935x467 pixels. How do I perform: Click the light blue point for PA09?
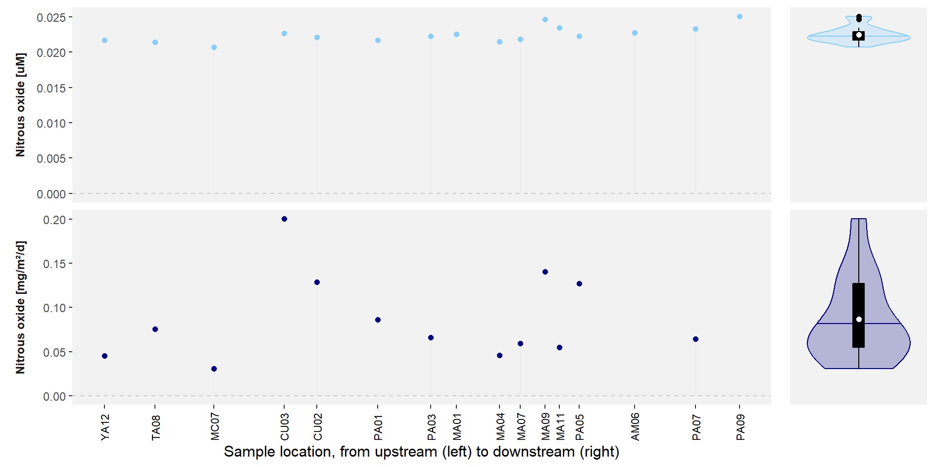(x=739, y=17)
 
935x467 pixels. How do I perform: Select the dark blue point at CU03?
(x=284, y=219)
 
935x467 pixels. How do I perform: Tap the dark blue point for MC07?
(x=214, y=369)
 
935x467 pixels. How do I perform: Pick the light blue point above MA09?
(x=545, y=20)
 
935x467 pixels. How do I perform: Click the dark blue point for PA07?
(x=695, y=339)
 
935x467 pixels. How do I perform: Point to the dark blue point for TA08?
(x=155, y=329)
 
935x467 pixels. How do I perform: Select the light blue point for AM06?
(x=635, y=33)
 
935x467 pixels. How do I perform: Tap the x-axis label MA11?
(x=560, y=427)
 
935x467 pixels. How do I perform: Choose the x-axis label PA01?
(x=378, y=427)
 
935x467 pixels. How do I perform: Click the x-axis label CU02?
(x=318, y=427)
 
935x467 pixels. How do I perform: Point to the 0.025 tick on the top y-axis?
(x=51, y=18)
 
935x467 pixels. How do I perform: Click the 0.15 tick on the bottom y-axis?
(x=54, y=264)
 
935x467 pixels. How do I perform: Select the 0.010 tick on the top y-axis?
(x=51, y=124)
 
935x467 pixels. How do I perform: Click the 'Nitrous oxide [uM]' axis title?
(x=20, y=105)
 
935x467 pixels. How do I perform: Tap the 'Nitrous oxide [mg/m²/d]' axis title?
(x=20, y=307)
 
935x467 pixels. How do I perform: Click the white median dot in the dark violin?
(x=859, y=320)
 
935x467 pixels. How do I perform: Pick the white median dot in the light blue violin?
(x=859, y=35)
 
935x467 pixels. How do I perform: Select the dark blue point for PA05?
(x=579, y=284)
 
